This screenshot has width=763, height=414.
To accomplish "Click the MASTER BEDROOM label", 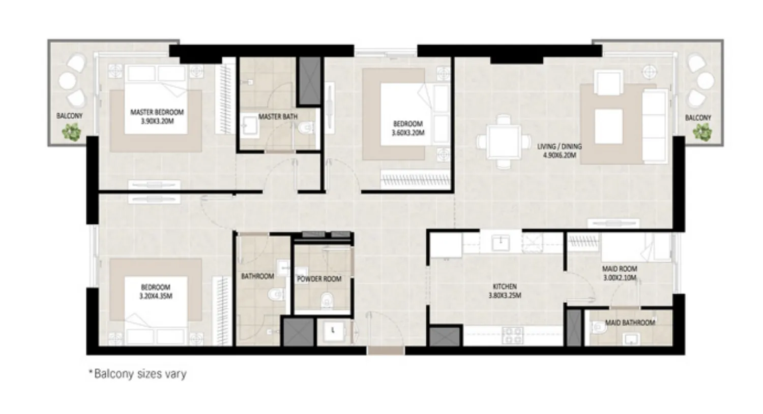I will (157, 112).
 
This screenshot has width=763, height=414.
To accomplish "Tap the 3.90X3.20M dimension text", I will (157, 121).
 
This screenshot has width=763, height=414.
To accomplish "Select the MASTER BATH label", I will (278, 117).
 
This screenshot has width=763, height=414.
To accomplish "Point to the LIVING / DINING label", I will (559, 146).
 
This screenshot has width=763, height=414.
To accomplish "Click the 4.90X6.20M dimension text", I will (559, 155).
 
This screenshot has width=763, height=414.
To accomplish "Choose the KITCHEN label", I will (505, 286).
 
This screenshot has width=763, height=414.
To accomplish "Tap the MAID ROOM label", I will (620, 269).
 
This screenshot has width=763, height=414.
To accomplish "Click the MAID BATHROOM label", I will (630, 323).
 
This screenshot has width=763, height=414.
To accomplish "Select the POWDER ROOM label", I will (319, 279).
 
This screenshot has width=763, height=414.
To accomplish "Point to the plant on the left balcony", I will (71, 132).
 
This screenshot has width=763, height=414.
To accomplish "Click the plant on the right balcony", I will (702, 132).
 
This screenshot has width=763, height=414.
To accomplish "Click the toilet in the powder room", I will (326, 302).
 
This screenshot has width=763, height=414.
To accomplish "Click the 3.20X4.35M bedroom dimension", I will (156, 296).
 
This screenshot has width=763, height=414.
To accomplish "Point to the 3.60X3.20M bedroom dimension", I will (408, 133).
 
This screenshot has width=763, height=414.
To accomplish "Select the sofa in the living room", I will (655, 125).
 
